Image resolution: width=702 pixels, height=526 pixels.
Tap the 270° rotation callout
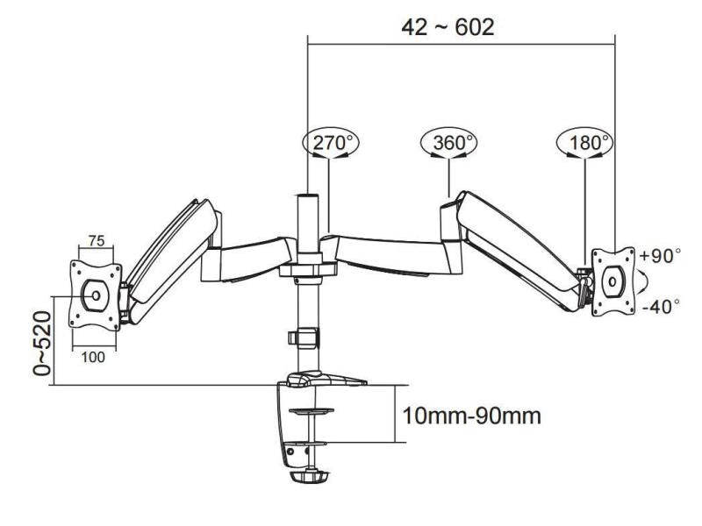[327, 142]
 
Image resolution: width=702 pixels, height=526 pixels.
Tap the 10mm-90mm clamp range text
[471, 413]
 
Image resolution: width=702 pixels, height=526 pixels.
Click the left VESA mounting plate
[95, 294]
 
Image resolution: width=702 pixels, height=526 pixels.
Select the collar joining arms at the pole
[307, 267]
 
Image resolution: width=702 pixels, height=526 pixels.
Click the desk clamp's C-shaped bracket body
[293, 421]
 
